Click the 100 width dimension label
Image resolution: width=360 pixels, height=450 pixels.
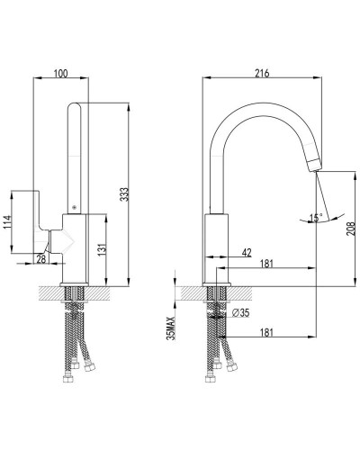61,74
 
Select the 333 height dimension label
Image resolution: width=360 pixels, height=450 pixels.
124,194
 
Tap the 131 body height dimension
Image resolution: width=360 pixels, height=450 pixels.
102,248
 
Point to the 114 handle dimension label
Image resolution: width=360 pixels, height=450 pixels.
7,222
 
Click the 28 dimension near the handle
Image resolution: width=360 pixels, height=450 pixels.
41,258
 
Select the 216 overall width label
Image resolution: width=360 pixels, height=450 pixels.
262,74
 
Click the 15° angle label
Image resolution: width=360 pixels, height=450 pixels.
316,218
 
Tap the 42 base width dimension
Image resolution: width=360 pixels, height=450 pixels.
247,253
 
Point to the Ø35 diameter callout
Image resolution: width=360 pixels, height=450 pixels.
241,312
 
